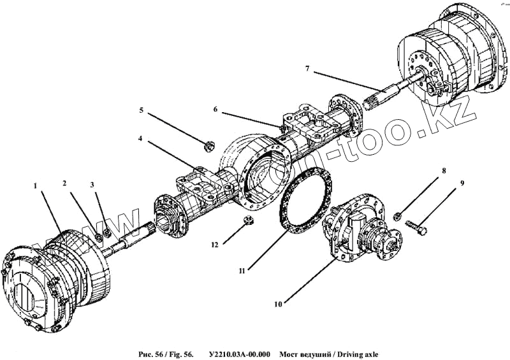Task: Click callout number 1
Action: coord(36,185)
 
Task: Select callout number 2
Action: coord(64,184)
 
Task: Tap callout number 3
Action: coord(92,185)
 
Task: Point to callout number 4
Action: coord(140,138)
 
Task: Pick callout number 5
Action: coord(142,110)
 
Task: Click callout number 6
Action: coord(215,109)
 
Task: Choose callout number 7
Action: coord(307,68)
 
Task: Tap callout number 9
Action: coord(462,184)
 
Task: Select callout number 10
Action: coord(278,304)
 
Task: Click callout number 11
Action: coord(242,271)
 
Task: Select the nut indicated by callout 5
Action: coord(207,147)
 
